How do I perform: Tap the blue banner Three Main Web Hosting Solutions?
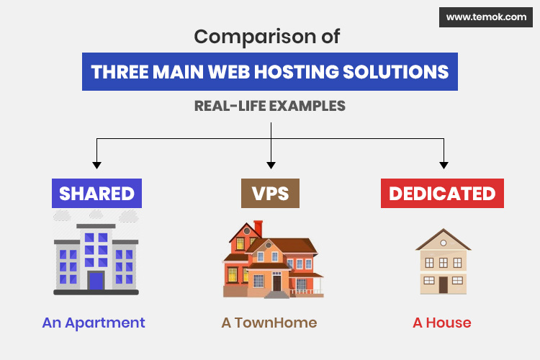click(269, 72)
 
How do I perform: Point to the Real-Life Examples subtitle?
click(269, 106)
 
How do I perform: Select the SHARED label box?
click(96, 193)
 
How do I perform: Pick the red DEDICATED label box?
click(442, 193)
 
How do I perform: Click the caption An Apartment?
click(94, 323)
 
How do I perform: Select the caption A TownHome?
click(269, 323)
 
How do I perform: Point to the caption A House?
click(442, 323)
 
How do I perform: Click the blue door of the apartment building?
click(96, 279)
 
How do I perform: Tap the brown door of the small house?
click(443, 284)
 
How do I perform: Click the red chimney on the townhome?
click(258, 228)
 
